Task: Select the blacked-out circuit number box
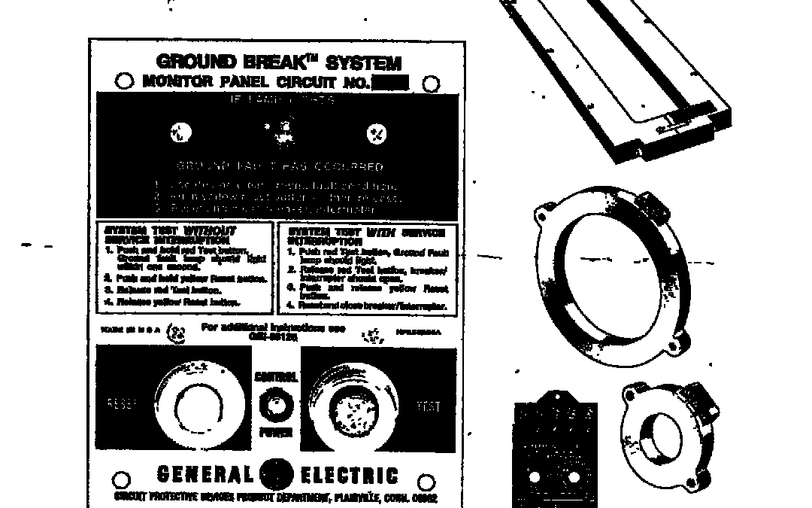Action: pos(390,83)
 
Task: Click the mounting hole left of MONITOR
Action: pos(123,82)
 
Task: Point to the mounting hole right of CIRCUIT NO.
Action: pos(431,84)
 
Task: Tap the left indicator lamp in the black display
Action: pos(181,133)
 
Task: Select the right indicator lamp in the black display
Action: pos(377,134)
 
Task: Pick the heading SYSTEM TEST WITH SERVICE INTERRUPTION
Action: pos(366,236)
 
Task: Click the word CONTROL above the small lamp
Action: pos(276,377)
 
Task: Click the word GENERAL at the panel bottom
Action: pos(205,475)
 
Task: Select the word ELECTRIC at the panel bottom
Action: pos(350,476)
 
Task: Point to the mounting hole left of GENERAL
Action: pos(121,479)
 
